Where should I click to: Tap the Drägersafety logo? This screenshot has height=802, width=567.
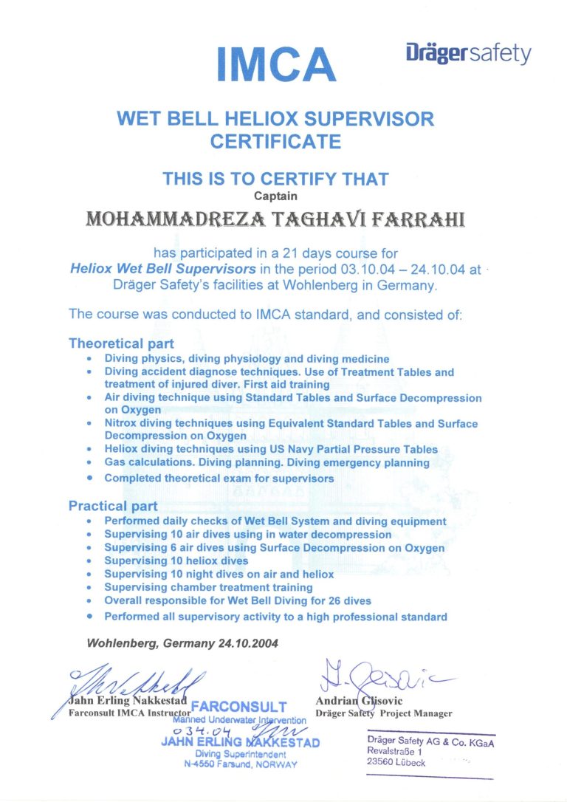point(468,54)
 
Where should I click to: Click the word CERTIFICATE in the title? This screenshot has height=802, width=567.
point(275,141)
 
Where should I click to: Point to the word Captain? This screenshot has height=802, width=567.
point(275,196)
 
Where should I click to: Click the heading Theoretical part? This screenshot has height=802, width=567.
point(121,343)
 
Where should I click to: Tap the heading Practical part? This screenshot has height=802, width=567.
point(113,506)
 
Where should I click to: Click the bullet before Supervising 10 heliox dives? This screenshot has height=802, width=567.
point(89,561)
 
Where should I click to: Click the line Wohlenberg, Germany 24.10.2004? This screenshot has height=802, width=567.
point(182,642)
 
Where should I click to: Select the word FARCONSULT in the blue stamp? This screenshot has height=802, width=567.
point(238,707)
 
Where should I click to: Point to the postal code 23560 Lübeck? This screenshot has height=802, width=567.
point(396,763)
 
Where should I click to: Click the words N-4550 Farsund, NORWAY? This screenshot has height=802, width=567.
point(240,764)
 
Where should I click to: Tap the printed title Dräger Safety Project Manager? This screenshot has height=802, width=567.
point(383,713)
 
